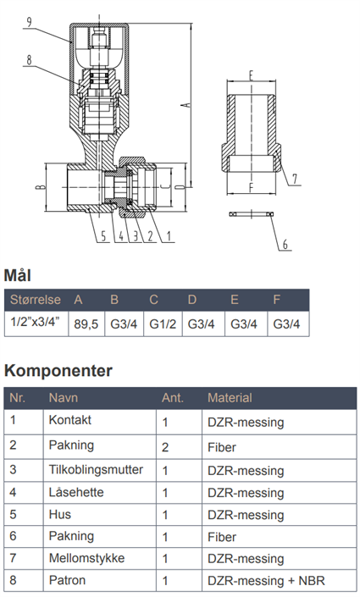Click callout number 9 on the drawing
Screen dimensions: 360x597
[30, 23]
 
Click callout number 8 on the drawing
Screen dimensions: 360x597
[29, 60]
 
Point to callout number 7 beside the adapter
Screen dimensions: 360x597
[295, 178]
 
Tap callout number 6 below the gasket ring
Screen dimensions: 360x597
[285, 244]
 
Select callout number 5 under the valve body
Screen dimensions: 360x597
[103, 236]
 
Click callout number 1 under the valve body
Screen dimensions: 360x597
[169, 236]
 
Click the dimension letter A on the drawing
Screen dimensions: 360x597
[186, 104]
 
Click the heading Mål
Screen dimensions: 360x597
[18, 275]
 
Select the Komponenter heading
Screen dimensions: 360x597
[58, 370]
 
